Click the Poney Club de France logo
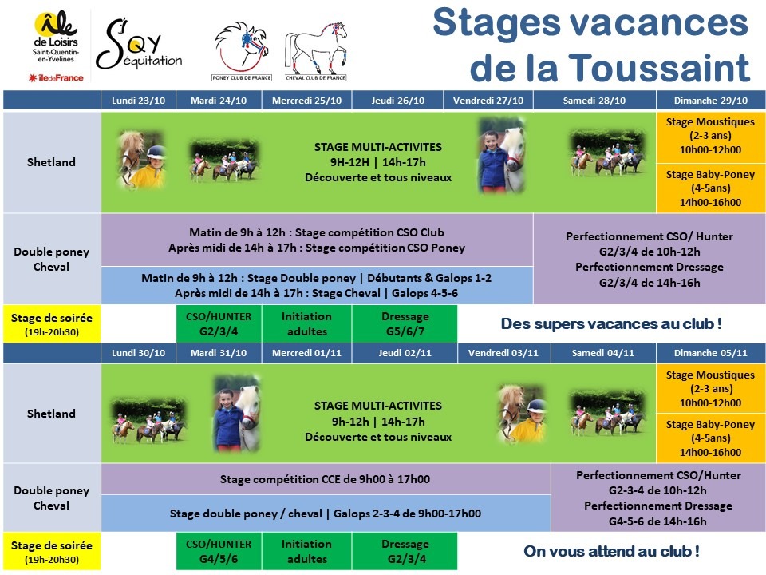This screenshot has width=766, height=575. point(242,51)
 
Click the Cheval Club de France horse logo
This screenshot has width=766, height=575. point(316,51)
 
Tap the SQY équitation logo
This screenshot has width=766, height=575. point(139,45)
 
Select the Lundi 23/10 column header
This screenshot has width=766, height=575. point(138,101)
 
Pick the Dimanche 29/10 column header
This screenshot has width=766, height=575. point(711,101)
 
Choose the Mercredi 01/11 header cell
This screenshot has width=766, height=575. point(306,352)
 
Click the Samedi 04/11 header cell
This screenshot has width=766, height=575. point(603,352)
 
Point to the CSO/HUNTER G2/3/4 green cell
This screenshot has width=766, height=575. point(219,323)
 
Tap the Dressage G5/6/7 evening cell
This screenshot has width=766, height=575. point(405,323)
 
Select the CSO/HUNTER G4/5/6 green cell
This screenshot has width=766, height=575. point(219,551)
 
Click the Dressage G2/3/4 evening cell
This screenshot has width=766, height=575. point(405,551)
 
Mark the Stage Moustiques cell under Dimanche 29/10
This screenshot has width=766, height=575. point(711,137)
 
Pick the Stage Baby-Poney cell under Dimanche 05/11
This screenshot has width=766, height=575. point(711,438)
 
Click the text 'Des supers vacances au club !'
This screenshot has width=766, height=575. point(611,323)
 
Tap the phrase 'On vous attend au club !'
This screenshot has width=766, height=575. point(611,551)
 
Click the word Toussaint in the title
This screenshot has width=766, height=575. point(659,67)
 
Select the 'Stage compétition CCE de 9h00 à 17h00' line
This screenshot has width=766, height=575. point(325,479)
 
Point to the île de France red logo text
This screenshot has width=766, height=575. point(56,77)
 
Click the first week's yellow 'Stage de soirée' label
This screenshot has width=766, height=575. point(52,323)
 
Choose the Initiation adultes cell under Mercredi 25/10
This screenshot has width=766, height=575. point(306,323)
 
